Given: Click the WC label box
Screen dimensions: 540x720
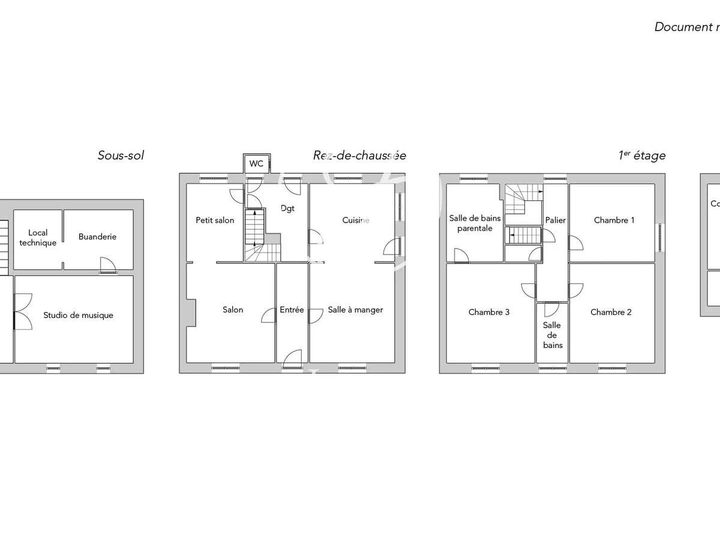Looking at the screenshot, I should pyautogui.click(x=256, y=163).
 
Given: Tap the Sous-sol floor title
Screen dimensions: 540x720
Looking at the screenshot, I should pyautogui.click(x=121, y=155).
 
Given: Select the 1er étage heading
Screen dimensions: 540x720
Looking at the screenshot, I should pyautogui.click(x=641, y=155).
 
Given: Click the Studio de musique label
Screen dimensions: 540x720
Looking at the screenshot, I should pyautogui.click(x=78, y=315).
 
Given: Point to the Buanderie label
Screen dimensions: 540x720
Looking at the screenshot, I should pyautogui.click(x=97, y=236).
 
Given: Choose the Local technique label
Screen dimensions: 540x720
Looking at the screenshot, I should pyautogui.click(x=38, y=238).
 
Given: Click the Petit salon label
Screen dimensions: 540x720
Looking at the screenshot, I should pyautogui.click(x=215, y=220).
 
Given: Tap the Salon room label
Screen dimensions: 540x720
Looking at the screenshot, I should pyautogui.click(x=233, y=310).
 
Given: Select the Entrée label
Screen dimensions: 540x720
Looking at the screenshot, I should pyautogui.click(x=292, y=310).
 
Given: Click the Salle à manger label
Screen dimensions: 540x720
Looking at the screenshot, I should pyautogui.click(x=355, y=310).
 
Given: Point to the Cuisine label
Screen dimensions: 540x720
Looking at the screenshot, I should pyautogui.click(x=356, y=220).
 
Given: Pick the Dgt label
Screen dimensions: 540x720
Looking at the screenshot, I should pyautogui.click(x=287, y=208).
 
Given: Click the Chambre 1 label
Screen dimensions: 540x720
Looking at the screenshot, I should pyautogui.click(x=614, y=220).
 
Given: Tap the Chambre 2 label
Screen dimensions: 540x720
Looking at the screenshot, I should pyautogui.click(x=611, y=312).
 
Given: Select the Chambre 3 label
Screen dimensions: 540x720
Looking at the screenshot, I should pyautogui.click(x=489, y=312).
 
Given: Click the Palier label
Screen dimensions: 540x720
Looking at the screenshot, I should pyautogui.click(x=555, y=220).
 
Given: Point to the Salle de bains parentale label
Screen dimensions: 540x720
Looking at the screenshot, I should pyautogui.click(x=475, y=223).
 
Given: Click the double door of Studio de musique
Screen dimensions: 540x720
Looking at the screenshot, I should pyautogui.click(x=22, y=311).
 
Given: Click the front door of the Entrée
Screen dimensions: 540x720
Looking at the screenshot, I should pyautogui.click(x=292, y=358).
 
